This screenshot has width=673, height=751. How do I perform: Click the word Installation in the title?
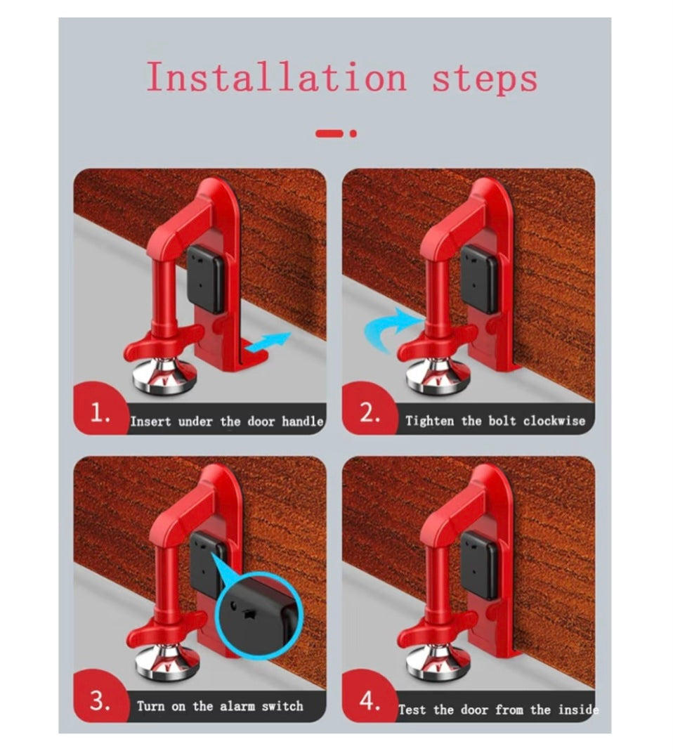[276, 77]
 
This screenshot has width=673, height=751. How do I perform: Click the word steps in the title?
[484, 77]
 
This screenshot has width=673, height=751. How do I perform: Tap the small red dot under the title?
[353, 133]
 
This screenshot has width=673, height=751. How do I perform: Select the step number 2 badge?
[370, 414]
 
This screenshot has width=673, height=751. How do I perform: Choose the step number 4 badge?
[370, 701]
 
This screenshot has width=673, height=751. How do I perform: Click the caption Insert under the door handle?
[226, 422]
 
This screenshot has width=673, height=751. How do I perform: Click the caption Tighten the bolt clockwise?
[495, 422]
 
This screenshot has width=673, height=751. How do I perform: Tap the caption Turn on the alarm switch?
[220, 706]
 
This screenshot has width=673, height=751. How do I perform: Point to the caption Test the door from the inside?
[498, 710]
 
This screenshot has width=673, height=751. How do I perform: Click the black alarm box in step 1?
[207, 279]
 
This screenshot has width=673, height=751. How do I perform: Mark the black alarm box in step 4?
[479, 564]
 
